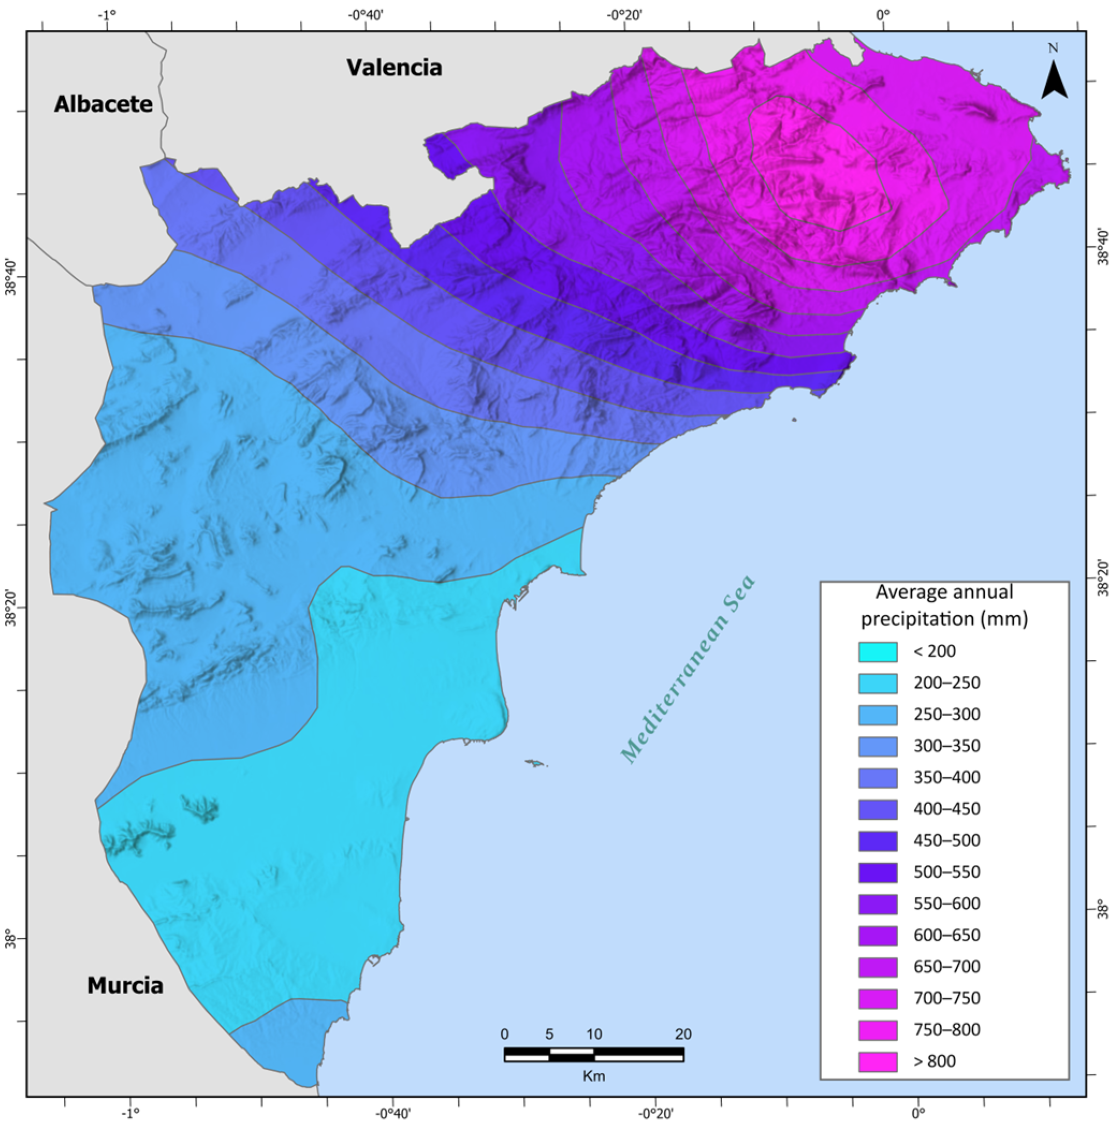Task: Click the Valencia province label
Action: [394, 68]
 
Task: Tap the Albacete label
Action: [103, 104]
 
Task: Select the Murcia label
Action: [126, 985]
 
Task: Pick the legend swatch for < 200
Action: [877, 652]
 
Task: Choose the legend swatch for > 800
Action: [877, 1061]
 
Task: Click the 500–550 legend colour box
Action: [877, 872]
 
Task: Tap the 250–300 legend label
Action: [947, 715]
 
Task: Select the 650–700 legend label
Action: [947, 967]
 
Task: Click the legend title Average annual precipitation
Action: [944, 605]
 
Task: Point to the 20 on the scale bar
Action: [683, 1034]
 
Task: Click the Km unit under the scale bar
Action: [593, 1076]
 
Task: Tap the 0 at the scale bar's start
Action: [505, 1034]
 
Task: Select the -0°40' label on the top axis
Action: [365, 13]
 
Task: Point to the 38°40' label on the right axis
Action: [1103, 247]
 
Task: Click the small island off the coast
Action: [535, 763]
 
